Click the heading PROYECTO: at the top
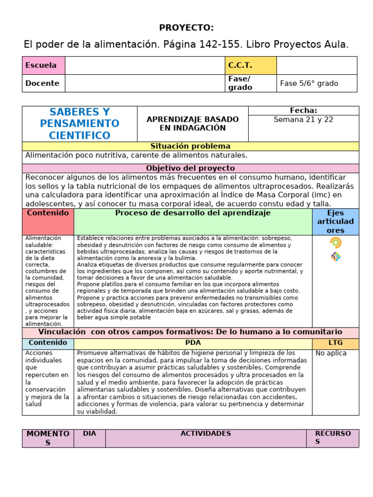(x=186, y=27)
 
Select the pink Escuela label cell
(x=43, y=66)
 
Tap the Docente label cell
(x=43, y=83)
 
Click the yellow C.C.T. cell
(x=250, y=66)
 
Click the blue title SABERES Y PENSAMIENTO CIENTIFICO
(x=80, y=124)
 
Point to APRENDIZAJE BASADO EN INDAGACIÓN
(x=193, y=124)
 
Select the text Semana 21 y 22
(x=304, y=120)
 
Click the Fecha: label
(x=304, y=111)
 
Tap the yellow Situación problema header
(x=190, y=146)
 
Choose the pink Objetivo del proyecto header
(x=190, y=168)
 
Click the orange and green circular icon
(x=336, y=243)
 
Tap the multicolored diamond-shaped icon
(x=336, y=257)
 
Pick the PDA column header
(x=193, y=343)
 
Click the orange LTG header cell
(x=336, y=343)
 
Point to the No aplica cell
(x=331, y=353)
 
